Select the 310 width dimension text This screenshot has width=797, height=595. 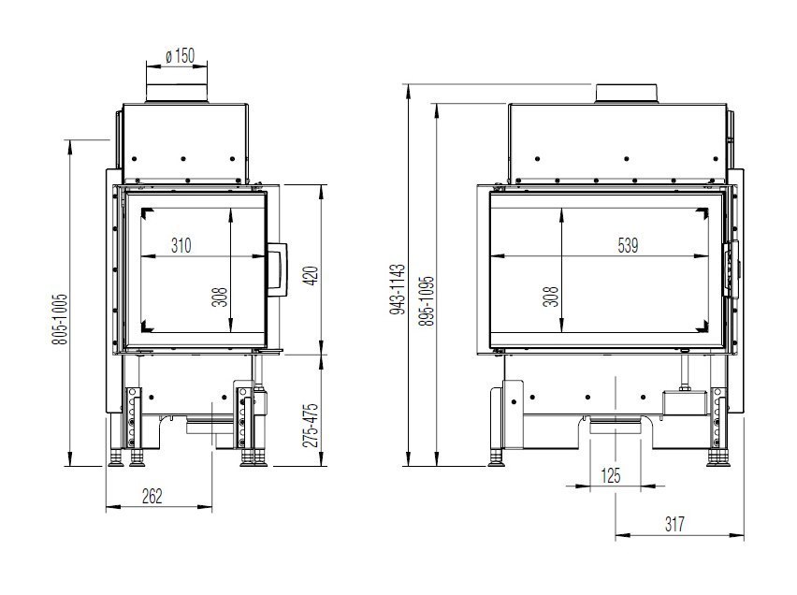[x=181, y=246]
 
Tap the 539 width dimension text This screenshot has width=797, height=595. [x=628, y=246]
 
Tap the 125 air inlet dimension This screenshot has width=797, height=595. [x=611, y=476]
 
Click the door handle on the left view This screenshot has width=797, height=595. [x=279, y=271]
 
